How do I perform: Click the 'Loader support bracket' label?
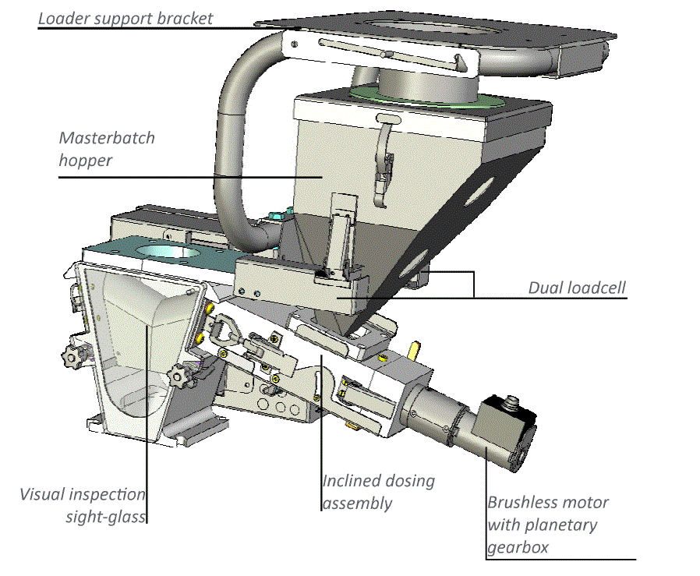click(x=126, y=17)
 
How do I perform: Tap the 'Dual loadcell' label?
click(x=576, y=288)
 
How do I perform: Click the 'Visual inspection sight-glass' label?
click(x=83, y=504)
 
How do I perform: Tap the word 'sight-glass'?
click(x=106, y=515)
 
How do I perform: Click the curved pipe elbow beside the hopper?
click(x=234, y=133)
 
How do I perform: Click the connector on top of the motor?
click(x=511, y=404)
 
